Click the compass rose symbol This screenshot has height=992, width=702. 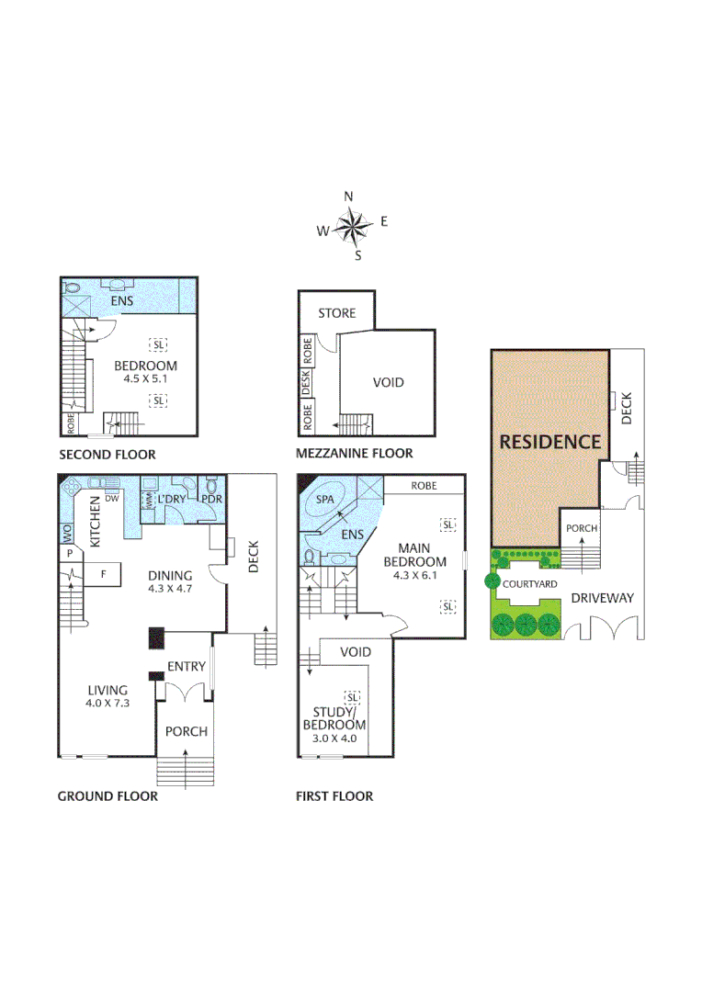click(349, 225)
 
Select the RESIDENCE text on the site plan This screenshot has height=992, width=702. click(549, 442)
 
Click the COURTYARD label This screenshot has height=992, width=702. click(528, 582)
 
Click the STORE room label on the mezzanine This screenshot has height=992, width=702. click(336, 313)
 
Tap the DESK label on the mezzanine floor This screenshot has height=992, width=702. click(307, 379)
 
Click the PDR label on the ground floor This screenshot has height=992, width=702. click(211, 500)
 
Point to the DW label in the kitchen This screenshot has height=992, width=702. click(111, 500)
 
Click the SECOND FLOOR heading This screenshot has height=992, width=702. click(107, 455)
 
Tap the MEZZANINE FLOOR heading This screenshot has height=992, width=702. click(354, 453)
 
